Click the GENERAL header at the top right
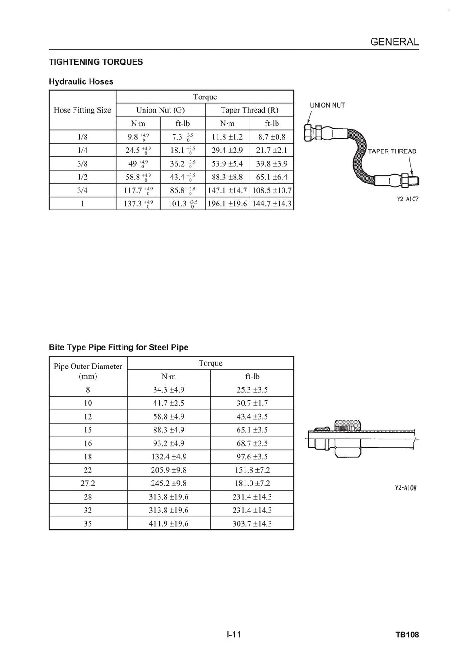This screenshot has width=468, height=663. (x=394, y=42)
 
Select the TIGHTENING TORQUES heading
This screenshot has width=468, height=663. (x=96, y=62)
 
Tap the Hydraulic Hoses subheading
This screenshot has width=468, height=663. (x=81, y=82)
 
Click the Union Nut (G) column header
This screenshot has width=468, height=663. (x=160, y=110)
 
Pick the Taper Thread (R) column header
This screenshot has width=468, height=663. (x=250, y=110)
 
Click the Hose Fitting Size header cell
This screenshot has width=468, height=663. (x=82, y=110)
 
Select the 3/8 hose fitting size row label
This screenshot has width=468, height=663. (x=82, y=164)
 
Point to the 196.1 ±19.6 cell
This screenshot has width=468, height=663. (x=227, y=204)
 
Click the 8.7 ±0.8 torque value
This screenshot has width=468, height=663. (x=271, y=137)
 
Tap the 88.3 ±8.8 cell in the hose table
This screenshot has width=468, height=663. (x=227, y=177)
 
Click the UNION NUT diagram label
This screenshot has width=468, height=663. (x=327, y=105)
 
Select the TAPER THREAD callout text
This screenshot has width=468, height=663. (x=392, y=151)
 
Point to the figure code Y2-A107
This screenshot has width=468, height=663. (x=407, y=199)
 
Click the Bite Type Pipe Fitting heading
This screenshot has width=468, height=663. (x=118, y=347)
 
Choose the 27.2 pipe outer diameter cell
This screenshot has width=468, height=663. (x=88, y=484)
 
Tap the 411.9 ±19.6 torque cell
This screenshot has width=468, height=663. (x=169, y=523)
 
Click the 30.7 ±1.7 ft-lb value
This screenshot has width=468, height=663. (x=252, y=403)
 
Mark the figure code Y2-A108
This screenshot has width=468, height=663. (x=405, y=488)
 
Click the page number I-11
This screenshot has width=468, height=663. (x=234, y=635)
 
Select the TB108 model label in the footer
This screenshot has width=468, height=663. (x=407, y=635)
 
